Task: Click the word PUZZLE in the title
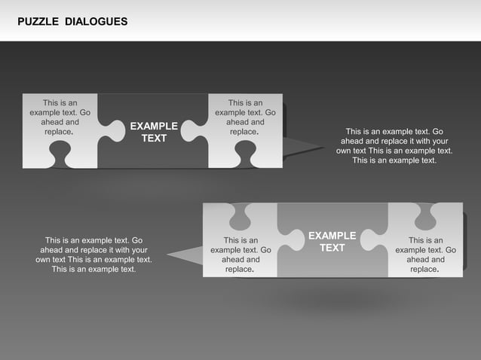click(x=37, y=21)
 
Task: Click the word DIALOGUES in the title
click(x=96, y=21)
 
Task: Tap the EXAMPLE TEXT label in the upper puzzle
click(x=154, y=132)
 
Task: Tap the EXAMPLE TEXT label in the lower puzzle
click(x=332, y=242)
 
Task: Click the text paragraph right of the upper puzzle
click(x=394, y=145)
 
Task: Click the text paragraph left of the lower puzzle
click(x=93, y=255)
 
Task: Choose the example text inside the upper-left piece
click(x=60, y=117)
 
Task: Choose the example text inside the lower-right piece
click(x=426, y=255)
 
